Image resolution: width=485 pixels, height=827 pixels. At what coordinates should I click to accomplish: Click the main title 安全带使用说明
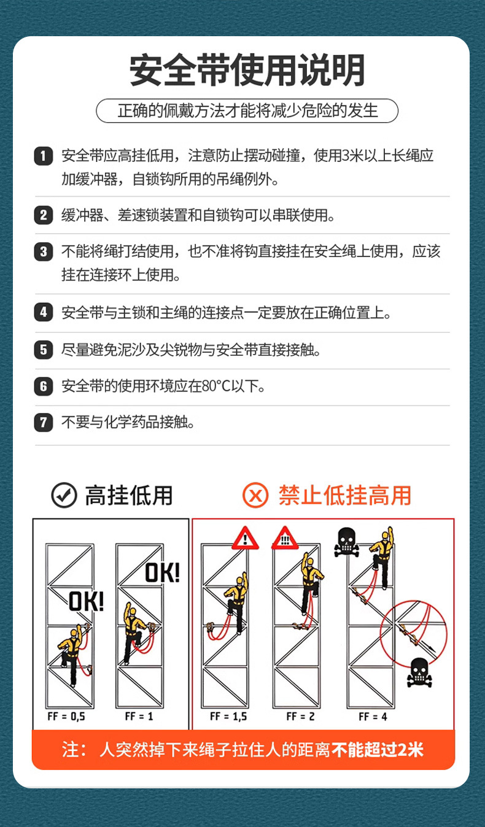pos(247,71)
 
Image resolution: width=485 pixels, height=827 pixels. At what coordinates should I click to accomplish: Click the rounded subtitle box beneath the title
pos(247,111)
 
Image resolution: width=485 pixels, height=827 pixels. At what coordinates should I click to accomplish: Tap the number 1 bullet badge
pos(43,156)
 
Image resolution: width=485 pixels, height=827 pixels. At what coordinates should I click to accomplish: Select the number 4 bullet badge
pos(43,312)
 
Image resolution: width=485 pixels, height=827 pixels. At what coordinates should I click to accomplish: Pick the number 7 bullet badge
pos(43,422)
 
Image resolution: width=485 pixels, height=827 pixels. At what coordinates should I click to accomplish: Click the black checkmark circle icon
pos(64,495)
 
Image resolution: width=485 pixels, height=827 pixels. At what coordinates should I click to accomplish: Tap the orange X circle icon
pos(255,495)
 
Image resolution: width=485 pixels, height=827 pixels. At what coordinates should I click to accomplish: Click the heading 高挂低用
pos(129,495)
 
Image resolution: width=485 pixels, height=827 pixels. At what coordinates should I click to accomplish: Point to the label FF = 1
pos(139,716)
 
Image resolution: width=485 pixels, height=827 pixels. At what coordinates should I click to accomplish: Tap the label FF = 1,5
pos(228,716)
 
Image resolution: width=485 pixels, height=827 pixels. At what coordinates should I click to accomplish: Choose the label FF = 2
pos(300,716)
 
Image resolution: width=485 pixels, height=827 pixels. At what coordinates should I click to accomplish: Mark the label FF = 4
pos(373,716)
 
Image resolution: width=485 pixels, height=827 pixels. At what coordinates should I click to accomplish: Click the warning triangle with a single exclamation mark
pos(245,539)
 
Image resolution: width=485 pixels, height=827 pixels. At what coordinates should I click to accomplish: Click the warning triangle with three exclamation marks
pos(284,539)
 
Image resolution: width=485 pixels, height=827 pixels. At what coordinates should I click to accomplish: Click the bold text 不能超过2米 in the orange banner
pos(378,749)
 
